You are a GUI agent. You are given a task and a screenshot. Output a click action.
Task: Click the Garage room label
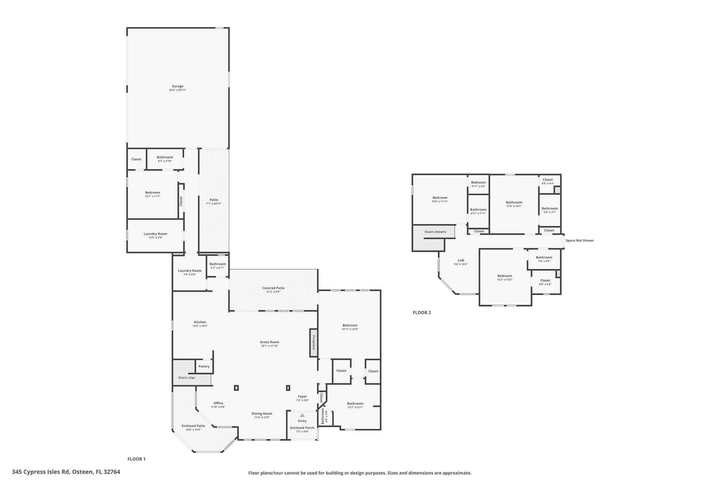[x=178, y=86]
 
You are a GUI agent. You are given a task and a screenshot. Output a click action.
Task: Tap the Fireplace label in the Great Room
[x=314, y=343]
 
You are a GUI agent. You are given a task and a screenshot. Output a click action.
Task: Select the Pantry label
[x=204, y=366]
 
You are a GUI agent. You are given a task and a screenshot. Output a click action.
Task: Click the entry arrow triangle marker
[x=302, y=415]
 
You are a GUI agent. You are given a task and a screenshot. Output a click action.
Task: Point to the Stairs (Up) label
[x=187, y=378]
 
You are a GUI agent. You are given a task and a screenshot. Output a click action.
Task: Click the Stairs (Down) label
[x=435, y=232]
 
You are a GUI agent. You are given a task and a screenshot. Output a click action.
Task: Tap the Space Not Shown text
[x=579, y=241]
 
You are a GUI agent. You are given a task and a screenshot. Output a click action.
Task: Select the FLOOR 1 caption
[x=136, y=459]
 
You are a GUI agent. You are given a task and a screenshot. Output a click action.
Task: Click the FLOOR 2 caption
[x=422, y=313]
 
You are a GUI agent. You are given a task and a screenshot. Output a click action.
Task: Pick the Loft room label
[x=461, y=261]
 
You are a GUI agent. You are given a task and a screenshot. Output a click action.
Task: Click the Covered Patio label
[x=273, y=288]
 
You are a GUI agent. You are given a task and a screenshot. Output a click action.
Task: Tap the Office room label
[x=218, y=403]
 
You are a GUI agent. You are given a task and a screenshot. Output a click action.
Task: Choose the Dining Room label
[x=262, y=414]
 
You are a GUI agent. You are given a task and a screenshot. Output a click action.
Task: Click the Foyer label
[x=302, y=396]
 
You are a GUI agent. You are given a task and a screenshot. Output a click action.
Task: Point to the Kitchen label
[x=200, y=322]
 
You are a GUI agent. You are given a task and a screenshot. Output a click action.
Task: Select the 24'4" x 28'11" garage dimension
[x=178, y=90]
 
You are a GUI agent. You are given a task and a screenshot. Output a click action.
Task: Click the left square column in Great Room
[x=236, y=388]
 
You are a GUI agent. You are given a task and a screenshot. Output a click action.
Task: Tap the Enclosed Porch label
[x=302, y=428]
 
